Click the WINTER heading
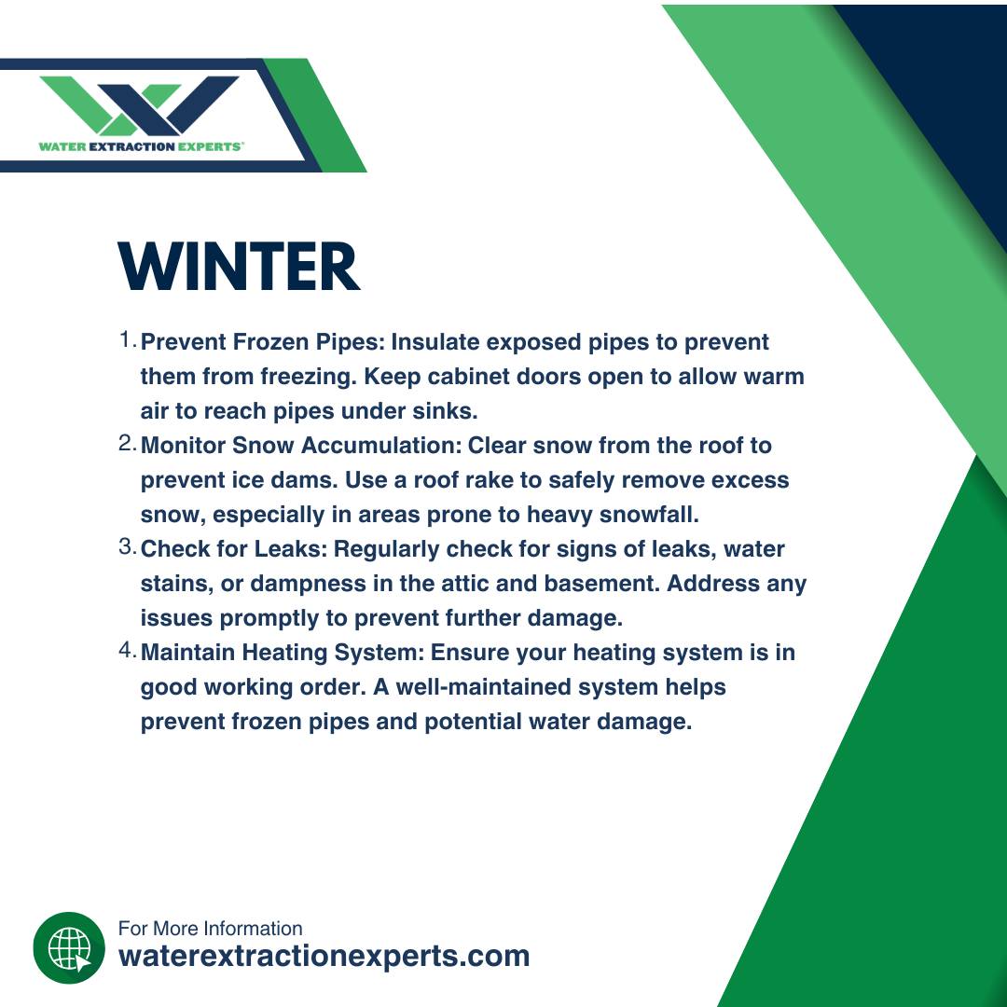[x=239, y=267]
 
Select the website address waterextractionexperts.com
[x=324, y=957]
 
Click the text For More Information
[x=210, y=928]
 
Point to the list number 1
[x=127, y=339]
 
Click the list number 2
[x=127, y=443]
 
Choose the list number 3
[x=127, y=546]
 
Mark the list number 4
[x=127, y=650]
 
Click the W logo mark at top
[x=139, y=105]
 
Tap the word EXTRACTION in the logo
[x=131, y=146]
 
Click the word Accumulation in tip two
[x=381, y=445]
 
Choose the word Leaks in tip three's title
[x=292, y=548]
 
